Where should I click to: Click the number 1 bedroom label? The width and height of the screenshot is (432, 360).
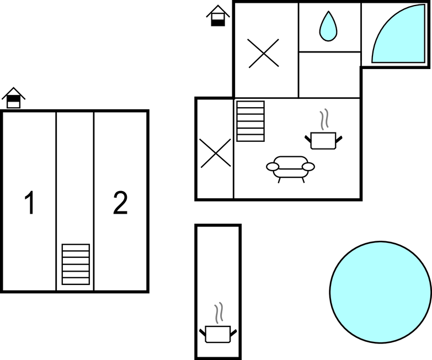(x=30, y=203)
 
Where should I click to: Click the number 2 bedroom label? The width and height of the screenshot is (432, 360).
(x=120, y=203)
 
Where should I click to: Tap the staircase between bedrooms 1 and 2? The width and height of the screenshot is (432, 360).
(x=76, y=264)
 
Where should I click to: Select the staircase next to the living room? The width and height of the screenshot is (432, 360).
(x=250, y=121)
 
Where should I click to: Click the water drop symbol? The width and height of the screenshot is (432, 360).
(x=328, y=26)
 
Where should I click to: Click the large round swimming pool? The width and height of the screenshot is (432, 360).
(x=380, y=292)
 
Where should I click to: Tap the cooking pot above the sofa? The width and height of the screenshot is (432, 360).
(x=323, y=140)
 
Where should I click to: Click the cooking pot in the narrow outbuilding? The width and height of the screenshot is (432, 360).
(x=218, y=333)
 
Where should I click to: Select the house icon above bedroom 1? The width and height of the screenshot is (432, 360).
(x=14, y=98)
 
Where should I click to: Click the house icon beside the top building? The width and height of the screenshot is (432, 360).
(x=218, y=16)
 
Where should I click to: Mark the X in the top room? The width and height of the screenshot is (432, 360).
(x=264, y=54)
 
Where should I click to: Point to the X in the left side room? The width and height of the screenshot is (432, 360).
(x=215, y=153)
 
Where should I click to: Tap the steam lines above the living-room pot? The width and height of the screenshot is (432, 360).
(x=324, y=119)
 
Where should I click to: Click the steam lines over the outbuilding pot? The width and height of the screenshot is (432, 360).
(x=220, y=313)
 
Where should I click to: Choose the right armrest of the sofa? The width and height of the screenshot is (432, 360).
(x=308, y=166)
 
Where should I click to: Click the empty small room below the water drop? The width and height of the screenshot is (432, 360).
(x=329, y=75)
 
